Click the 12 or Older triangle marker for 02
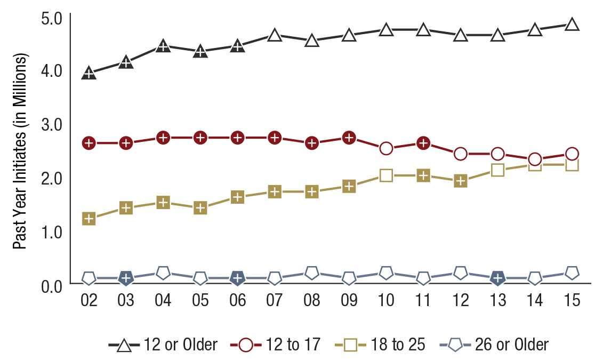[89, 73]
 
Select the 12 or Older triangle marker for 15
[572, 25]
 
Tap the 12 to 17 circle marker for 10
[387, 148]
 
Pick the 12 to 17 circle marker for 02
[89, 143]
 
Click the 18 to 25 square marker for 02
[89, 219]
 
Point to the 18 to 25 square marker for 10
[387, 175]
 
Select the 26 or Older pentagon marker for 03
[126, 278]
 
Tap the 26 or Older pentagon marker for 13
[498, 278]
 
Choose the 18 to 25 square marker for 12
[461, 181]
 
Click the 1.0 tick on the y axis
[52, 232]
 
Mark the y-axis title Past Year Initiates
[20, 151]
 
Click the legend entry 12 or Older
[163, 345]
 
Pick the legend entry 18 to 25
[380, 345]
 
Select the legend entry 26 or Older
[494, 345]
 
